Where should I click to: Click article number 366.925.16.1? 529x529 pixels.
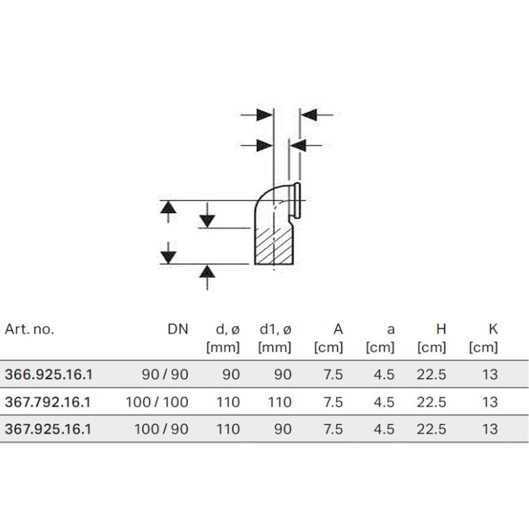tap(49, 374)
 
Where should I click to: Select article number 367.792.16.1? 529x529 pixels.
tap(48, 402)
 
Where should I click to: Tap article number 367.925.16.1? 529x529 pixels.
tap(48, 429)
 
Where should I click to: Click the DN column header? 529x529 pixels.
tap(177, 329)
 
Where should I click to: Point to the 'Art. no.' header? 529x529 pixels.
tap(29, 329)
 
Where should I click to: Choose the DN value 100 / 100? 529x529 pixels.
tap(157, 402)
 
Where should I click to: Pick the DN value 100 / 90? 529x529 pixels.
tap(161, 429)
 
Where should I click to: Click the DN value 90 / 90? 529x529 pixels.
tap(165, 374)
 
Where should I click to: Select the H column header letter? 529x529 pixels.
tap(441, 329)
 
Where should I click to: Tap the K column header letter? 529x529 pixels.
tap(494, 329)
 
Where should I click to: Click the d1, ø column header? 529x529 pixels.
tap(276, 329)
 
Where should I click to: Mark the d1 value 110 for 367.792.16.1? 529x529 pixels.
tap(280, 402)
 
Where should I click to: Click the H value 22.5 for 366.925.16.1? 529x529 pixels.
tap(432, 374)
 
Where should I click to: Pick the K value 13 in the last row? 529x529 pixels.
tap(490, 429)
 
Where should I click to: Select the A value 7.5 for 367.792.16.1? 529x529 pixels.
tap(333, 402)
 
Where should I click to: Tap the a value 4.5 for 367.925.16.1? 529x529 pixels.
tap(384, 429)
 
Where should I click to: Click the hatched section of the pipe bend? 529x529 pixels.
tap(274, 246)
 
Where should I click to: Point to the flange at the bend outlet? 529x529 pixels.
tap(297, 200)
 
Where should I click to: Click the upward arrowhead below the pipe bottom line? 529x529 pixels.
tap(207, 271)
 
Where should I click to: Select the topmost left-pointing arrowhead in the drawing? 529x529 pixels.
tap(308, 115)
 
